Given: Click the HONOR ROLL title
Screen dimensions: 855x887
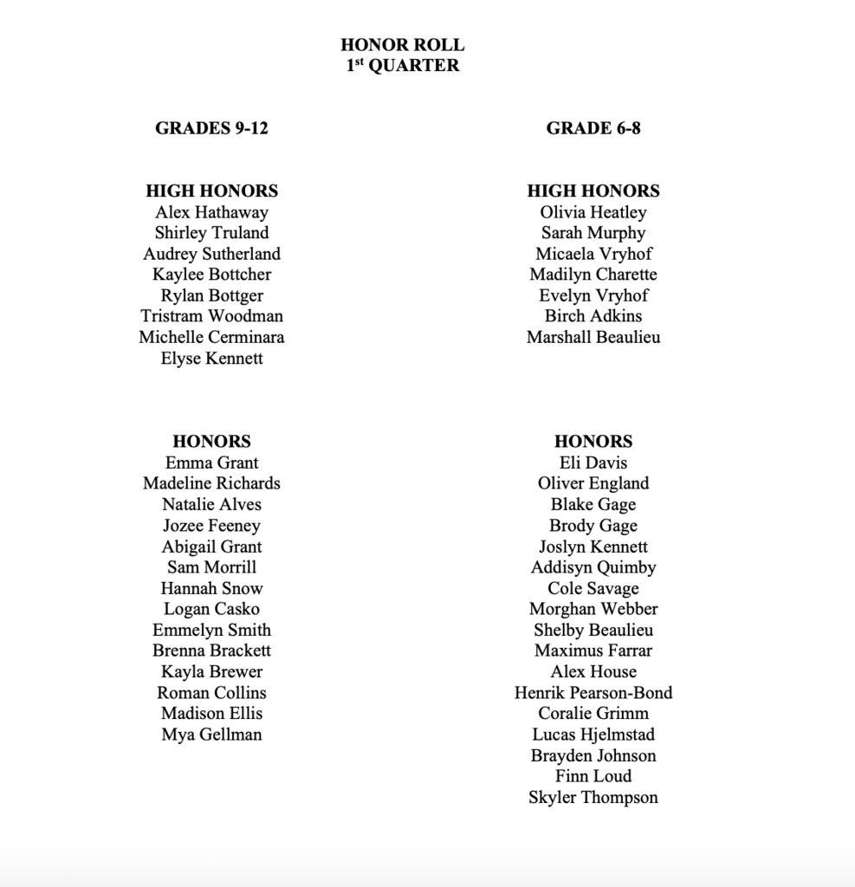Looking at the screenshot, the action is [x=402, y=45].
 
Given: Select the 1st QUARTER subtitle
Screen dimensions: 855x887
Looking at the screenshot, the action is [x=402, y=66].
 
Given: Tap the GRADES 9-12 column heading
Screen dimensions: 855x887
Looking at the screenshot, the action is [x=211, y=128].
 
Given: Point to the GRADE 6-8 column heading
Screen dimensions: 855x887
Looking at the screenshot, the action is [x=593, y=128].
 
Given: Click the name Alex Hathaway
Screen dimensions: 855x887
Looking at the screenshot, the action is [x=211, y=212].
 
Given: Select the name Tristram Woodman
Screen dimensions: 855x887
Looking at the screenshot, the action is [x=211, y=316].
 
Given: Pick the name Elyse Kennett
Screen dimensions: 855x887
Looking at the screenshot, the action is [x=211, y=358].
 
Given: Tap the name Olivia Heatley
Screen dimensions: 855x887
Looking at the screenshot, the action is [x=593, y=212].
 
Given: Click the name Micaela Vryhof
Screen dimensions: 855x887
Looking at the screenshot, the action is [x=593, y=254].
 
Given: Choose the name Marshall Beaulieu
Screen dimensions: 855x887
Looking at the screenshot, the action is [x=593, y=337].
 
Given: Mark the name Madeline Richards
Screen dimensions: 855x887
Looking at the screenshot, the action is [x=211, y=483].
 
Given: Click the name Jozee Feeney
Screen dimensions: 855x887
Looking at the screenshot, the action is [x=211, y=525].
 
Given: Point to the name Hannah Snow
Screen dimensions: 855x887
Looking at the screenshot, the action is [x=211, y=588].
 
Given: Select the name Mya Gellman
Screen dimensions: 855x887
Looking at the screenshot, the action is [x=211, y=735].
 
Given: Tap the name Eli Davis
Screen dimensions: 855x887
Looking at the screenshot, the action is [x=593, y=463].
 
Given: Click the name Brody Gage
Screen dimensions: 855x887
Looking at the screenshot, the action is [x=593, y=525].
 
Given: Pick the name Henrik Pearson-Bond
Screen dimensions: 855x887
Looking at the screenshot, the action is [x=593, y=692].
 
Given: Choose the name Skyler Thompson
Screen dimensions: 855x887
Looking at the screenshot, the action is [x=593, y=797].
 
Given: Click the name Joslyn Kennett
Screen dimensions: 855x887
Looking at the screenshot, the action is [x=593, y=547].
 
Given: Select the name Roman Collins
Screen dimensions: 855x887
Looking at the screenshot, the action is [x=211, y=692].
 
